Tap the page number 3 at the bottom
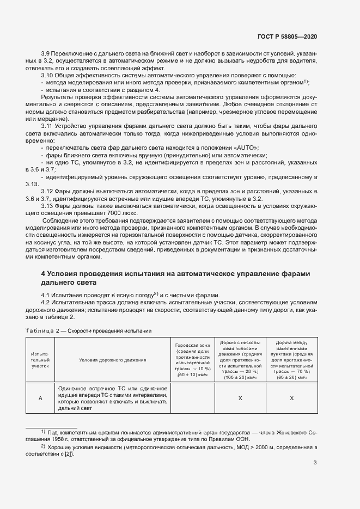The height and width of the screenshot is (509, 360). pyautogui.click(x=315, y=463)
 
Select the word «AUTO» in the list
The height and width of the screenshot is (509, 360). pyautogui.click(x=245, y=148)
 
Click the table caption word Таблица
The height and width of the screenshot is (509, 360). pyautogui.click(x=39, y=330)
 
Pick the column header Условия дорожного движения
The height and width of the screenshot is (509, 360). pyautogui.click(x=112, y=360)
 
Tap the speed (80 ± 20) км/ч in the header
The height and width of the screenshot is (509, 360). pyautogui.click(x=291, y=377)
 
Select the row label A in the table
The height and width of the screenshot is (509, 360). pyautogui.click(x=40, y=398)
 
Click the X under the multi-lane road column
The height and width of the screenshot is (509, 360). pyautogui.click(x=240, y=398)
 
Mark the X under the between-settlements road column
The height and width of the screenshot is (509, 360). pyautogui.click(x=291, y=398)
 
